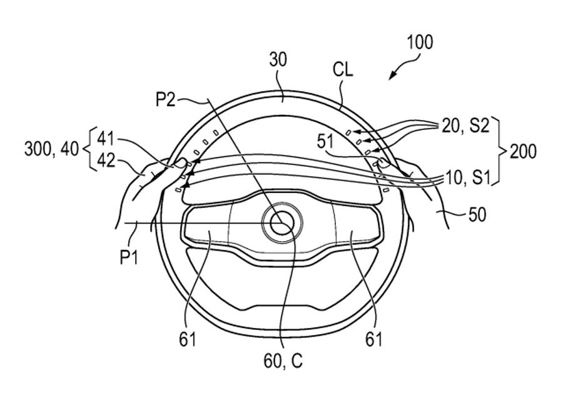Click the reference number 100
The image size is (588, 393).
point(419,42)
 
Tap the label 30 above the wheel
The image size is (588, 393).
point(278,60)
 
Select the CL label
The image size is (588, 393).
point(343,69)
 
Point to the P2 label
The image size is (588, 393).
point(166,99)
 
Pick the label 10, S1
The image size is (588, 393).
point(467,177)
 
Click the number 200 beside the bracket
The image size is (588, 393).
point(523,151)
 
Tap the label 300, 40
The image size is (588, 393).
point(52,149)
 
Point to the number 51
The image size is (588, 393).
point(326,142)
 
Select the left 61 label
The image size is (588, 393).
point(187,339)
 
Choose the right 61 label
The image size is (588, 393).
point(373,339)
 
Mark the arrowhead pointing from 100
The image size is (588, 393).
point(392,75)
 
